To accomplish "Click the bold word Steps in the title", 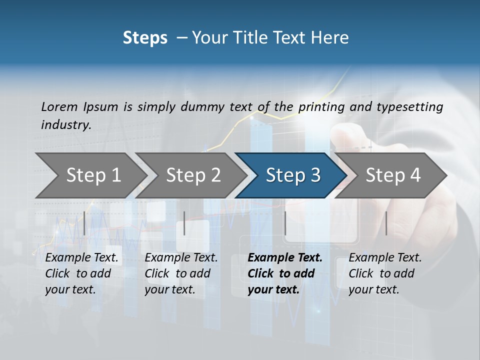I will click(x=145, y=38).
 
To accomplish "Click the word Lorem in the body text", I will click(x=59, y=106).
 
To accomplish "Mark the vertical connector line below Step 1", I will click(x=84, y=223).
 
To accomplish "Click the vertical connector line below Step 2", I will click(x=184, y=223).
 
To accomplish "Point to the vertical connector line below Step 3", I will click(x=285, y=223).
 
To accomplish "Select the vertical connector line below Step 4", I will click(x=386, y=223).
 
